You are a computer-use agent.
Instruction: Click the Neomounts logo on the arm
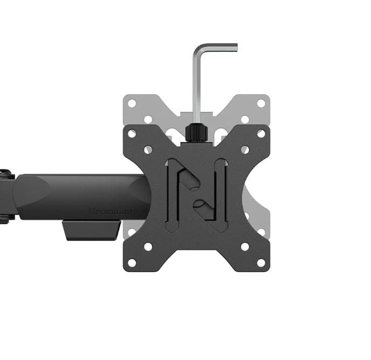point(112,211)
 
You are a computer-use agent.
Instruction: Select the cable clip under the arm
point(91,230)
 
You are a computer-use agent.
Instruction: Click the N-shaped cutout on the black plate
point(196,195)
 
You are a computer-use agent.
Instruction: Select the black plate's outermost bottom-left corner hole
point(132,262)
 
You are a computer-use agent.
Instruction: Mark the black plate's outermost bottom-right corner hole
point(261,262)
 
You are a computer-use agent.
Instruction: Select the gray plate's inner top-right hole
point(245,119)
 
